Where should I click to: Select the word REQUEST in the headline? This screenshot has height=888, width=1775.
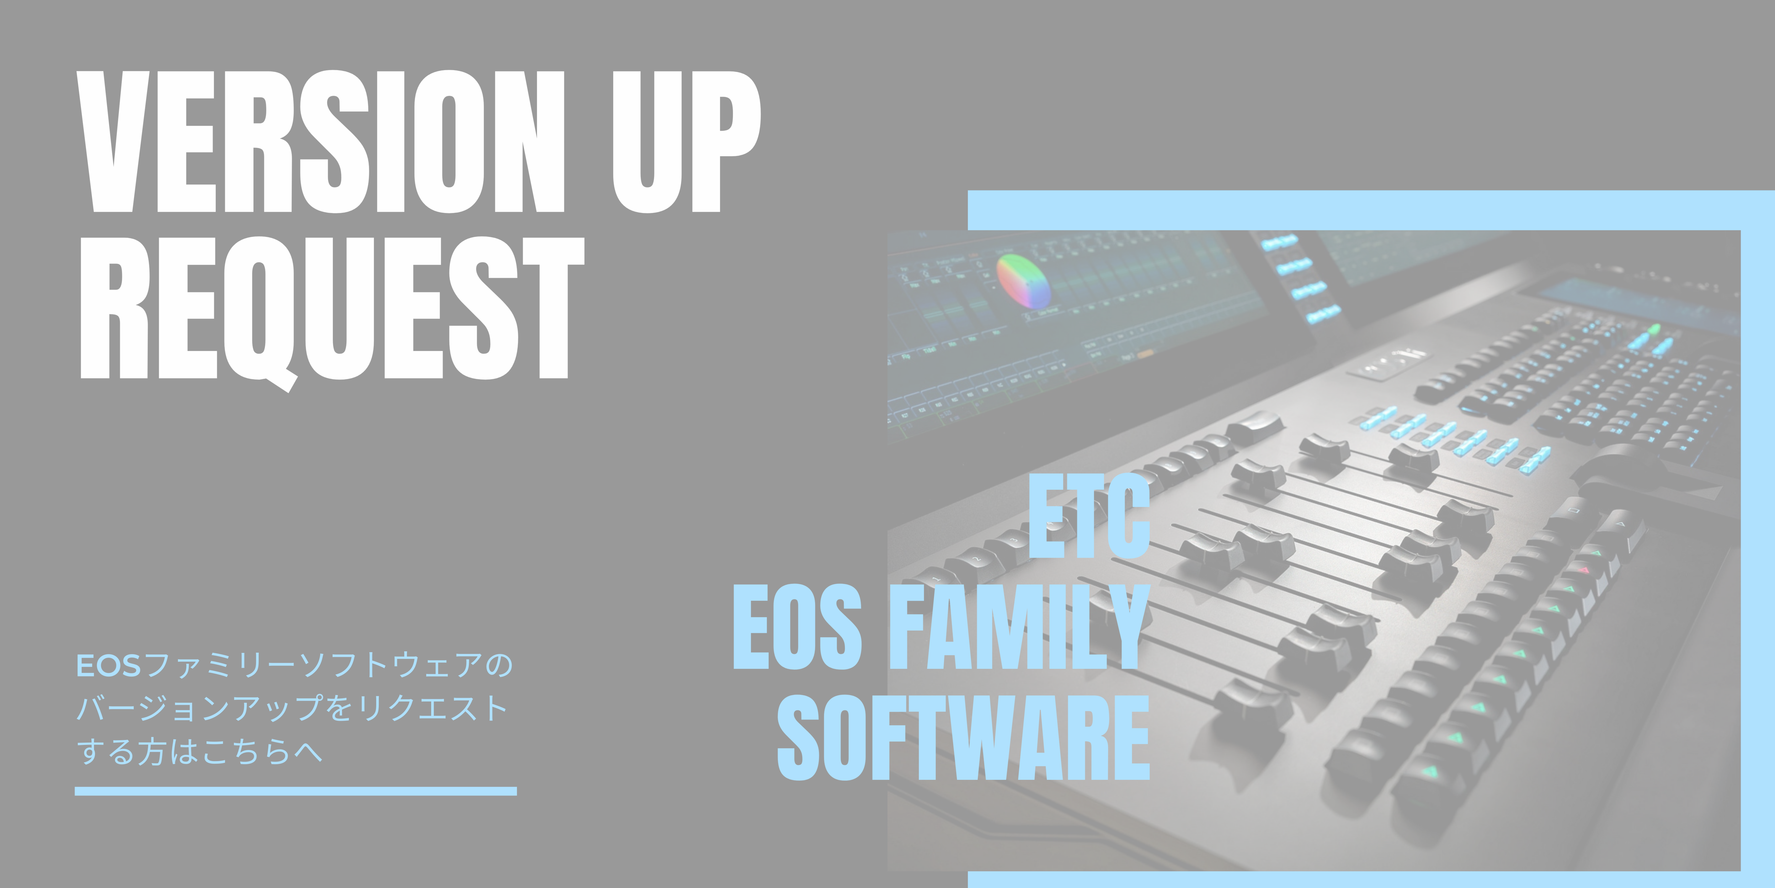[332, 310]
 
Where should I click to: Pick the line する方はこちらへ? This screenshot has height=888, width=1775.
[200, 751]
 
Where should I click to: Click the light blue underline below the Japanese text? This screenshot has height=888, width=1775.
[296, 791]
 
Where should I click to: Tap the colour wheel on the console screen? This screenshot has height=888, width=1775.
[1024, 281]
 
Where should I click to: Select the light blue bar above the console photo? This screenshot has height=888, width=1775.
[1371, 210]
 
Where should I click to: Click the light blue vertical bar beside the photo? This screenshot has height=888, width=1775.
[1758, 539]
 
